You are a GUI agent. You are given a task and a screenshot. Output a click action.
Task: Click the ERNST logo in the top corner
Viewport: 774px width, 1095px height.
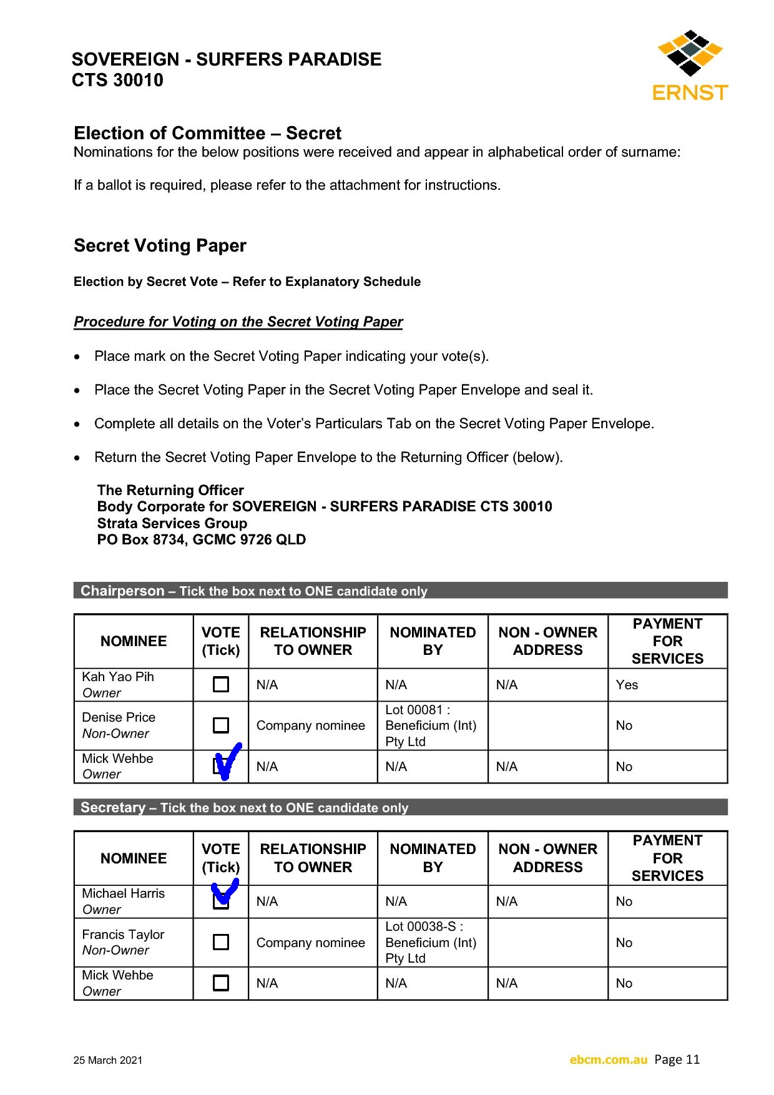coord(690,66)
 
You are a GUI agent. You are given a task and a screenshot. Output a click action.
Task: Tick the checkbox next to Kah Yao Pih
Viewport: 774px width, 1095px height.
coord(221,684)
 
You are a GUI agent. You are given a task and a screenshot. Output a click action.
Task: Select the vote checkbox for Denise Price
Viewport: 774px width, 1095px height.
coord(221,725)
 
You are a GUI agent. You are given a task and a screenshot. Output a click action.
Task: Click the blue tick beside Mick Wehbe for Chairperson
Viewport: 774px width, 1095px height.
coord(226,761)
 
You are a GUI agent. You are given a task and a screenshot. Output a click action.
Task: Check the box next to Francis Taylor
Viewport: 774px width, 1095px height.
coord(221,941)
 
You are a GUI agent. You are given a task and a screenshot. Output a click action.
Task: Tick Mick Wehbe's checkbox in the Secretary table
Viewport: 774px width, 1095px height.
coord(221,983)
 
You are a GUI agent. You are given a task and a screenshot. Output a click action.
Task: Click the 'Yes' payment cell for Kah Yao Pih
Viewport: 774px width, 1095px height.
coord(627,685)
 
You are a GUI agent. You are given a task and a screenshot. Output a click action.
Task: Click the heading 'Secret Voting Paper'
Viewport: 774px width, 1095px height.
coord(160,245)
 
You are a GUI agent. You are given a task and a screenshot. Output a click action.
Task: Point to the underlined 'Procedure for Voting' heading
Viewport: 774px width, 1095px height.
coord(238,322)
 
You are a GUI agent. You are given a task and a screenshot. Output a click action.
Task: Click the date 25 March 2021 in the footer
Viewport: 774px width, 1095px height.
coord(108,1060)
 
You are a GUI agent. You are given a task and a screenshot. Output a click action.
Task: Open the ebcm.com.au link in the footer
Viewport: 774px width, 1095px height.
coord(608,1059)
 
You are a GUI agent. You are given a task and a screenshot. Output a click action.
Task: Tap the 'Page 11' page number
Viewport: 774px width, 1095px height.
coord(677,1059)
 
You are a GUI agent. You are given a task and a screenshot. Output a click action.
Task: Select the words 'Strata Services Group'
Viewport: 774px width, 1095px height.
coord(172,523)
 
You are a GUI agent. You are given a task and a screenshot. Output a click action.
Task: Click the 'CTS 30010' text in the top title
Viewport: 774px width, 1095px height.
coord(117,80)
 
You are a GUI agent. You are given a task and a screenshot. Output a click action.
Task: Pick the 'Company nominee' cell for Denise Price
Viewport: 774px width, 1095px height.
coord(310,725)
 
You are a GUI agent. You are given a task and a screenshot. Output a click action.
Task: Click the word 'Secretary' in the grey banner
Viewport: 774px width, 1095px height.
coord(113,807)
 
